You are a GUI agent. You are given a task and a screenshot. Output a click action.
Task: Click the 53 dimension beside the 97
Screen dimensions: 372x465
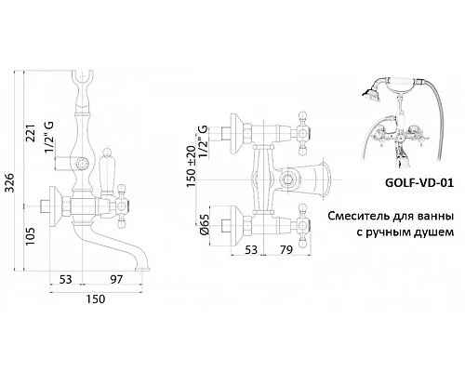point(65,280)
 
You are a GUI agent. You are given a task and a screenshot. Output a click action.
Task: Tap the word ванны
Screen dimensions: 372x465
point(434,216)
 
